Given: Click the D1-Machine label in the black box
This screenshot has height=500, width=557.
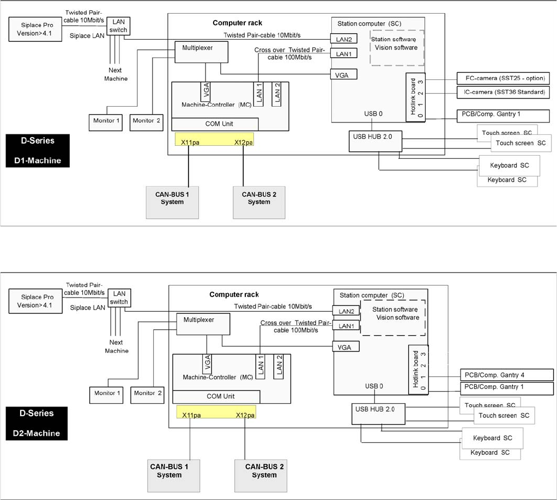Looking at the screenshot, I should (41, 161).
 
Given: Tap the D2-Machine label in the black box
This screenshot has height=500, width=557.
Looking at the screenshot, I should (40, 433).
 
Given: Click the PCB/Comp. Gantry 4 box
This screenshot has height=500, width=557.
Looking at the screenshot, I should (507, 375).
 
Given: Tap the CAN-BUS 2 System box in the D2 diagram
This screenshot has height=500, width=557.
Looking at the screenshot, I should (264, 471).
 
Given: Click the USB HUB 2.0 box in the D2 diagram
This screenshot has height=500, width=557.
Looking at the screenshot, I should (378, 415).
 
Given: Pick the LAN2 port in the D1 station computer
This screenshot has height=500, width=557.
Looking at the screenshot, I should (343, 39).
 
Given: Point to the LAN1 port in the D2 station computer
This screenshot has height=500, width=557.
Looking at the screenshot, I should (346, 325).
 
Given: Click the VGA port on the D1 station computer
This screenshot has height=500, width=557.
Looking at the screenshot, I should (343, 73).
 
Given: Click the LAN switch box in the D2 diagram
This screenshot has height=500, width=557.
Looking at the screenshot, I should (119, 298).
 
